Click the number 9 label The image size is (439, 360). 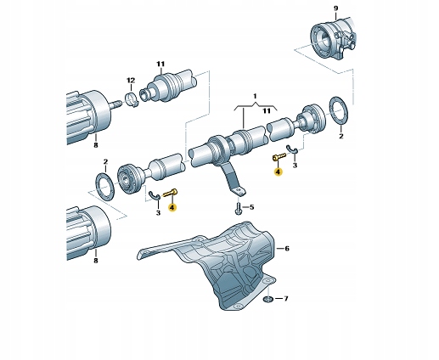coord(335,8)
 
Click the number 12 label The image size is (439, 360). coord(131,81)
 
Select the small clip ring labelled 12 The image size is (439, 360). coord(132,99)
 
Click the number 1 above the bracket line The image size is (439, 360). coord(255,96)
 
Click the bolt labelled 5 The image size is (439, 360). coord(239,207)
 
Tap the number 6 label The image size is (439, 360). coord(287,249)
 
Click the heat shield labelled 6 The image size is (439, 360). coord(223,265)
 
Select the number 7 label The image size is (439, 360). coord(286,299)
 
